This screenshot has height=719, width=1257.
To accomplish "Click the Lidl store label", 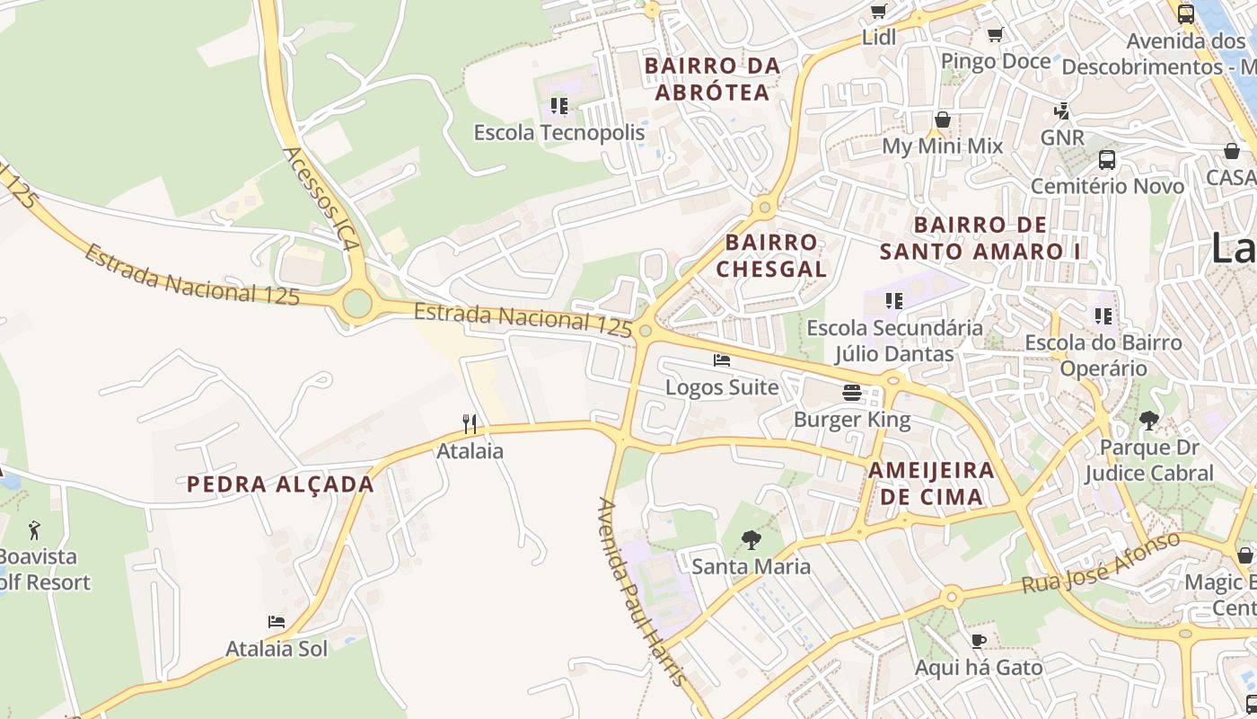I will (879, 38).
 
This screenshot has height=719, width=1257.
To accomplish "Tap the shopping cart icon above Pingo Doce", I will (995, 35).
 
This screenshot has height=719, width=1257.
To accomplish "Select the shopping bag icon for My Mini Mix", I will (943, 120).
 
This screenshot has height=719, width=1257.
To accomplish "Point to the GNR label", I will (1063, 138).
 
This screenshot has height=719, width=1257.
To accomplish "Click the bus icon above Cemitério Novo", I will (1107, 160).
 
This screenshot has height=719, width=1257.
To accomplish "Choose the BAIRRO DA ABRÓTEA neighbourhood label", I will (713, 79).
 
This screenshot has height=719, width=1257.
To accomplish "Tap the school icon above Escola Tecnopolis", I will (559, 107).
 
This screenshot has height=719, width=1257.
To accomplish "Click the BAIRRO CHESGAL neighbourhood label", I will (771, 255).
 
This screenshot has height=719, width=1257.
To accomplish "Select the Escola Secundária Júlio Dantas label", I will (894, 341).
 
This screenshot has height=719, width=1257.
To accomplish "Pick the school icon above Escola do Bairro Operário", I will (1103, 316).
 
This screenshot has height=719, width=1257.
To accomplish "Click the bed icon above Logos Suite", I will (722, 361).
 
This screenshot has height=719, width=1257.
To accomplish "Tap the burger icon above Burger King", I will (851, 393).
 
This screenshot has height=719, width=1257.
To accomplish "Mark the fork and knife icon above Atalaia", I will (470, 424).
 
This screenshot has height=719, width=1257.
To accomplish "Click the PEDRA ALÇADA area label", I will (280, 484).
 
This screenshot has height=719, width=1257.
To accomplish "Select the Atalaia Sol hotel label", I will (277, 648).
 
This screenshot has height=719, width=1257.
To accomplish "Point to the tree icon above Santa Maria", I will (751, 540).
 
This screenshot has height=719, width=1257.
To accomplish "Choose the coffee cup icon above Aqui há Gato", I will (979, 641).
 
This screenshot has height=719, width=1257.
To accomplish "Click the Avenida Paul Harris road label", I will (643, 591).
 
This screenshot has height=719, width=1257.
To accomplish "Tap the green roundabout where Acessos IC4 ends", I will (357, 304).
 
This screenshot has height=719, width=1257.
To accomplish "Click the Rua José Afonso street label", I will (1101, 563).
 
